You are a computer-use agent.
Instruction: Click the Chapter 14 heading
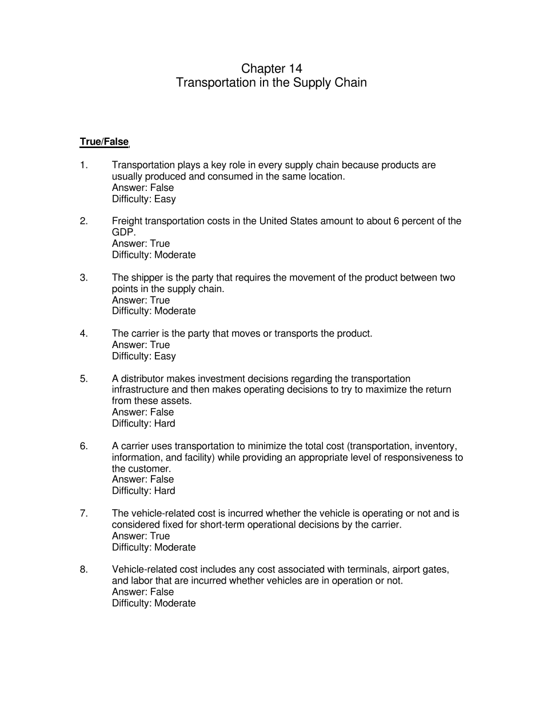[x=271, y=69]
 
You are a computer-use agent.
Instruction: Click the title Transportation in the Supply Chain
[x=271, y=82]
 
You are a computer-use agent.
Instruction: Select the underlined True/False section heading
[x=104, y=142]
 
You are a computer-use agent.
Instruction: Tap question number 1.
[x=83, y=165]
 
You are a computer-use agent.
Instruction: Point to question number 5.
[x=83, y=378]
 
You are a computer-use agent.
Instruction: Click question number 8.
[x=83, y=569]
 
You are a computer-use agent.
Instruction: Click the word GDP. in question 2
[x=124, y=232]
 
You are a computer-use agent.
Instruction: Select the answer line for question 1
[x=142, y=187]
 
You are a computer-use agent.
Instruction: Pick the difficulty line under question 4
[x=143, y=356]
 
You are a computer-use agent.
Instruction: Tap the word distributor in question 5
[x=141, y=378]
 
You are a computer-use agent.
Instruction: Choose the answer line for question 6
[x=142, y=479]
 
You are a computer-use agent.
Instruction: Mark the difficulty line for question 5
[x=143, y=424]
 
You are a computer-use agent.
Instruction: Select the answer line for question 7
[x=141, y=536]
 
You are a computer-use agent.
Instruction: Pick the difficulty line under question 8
[x=153, y=603]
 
